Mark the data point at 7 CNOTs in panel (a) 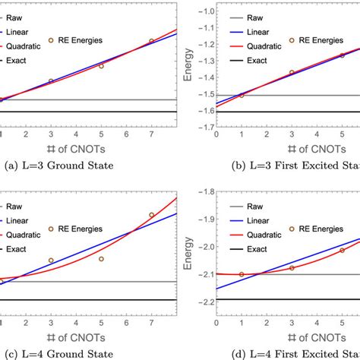tap(151, 41)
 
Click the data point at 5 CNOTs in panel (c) tap(101, 259)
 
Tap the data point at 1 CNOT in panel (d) tap(242, 274)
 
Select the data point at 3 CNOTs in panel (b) tap(292, 72)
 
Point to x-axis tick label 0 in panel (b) tap(216, 134)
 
